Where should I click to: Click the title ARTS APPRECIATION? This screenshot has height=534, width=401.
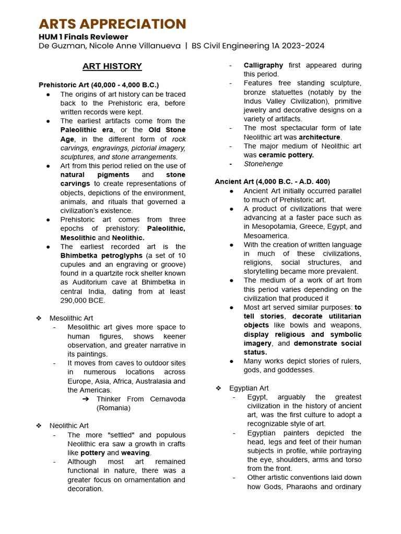(112, 24)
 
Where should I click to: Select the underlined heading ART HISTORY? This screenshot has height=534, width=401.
(112, 66)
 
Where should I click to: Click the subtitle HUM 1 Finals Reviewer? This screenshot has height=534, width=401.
(83, 37)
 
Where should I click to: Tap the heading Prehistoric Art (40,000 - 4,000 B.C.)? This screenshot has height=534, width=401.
(99, 84)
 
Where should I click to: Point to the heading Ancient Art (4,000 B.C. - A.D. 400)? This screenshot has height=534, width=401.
(272, 181)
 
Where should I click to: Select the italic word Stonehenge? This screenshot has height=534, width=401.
(263, 164)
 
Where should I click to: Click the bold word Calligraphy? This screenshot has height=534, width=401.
(263, 65)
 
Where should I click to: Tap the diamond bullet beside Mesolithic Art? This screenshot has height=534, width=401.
(39, 318)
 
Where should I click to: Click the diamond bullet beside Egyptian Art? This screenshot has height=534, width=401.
(218, 388)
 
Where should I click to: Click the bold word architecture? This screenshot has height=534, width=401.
(320, 137)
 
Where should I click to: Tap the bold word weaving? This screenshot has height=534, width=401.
(135, 453)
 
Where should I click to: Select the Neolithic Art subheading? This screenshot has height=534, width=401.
(69, 426)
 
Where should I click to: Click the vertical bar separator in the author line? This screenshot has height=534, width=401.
(185, 46)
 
